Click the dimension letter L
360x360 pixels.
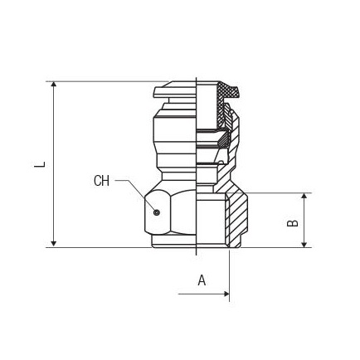[x=40, y=164]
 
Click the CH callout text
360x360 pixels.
[x=101, y=181]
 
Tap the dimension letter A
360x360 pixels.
[x=202, y=280]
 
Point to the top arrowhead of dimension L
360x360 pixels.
[x=54, y=85]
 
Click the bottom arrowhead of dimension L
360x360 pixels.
[x=54, y=244]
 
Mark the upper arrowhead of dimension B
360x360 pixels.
[x=304, y=196]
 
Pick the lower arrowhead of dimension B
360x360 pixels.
[x=304, y=244]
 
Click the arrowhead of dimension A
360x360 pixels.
[x=226, y=294]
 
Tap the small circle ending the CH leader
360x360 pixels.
[x=157, y=212]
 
